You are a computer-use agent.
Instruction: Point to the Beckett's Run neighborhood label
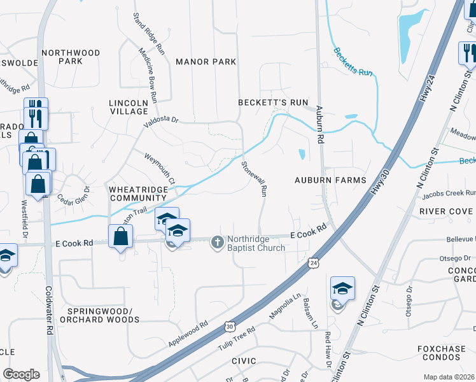(x=273, y=103)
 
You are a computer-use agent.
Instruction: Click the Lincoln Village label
(x=129, y=106)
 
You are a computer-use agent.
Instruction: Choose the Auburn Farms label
(x=330, y=180)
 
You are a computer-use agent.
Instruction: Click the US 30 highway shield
(x=229, y=327)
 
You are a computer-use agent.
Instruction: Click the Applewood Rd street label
(x=188, y=334)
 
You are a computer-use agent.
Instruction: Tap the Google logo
(x=21, y=374)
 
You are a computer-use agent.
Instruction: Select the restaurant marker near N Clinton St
(x=468, y=53)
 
